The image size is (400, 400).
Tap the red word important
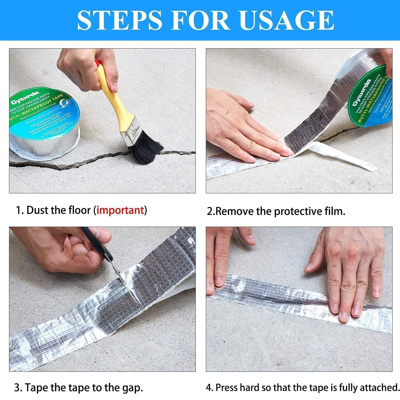(120, 210)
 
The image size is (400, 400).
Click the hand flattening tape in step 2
(245, 131)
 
